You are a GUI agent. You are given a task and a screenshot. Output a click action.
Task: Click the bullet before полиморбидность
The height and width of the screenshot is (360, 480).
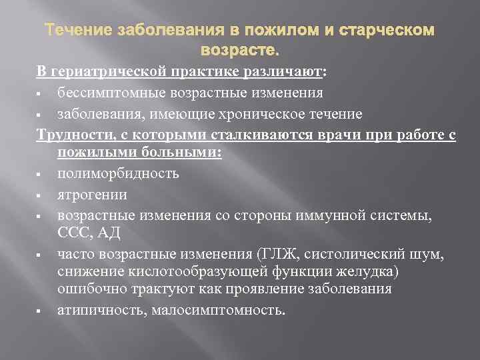(x=41, y=175)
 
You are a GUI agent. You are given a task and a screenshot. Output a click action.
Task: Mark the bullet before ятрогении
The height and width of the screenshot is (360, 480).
(x=41, y=196)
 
